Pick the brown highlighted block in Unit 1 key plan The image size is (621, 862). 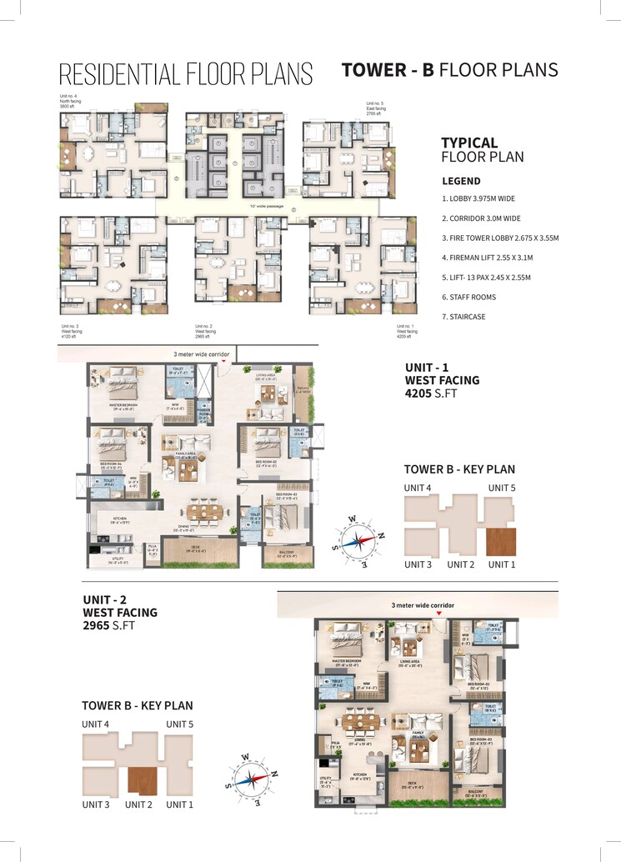501,540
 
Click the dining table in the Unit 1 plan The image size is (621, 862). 198,510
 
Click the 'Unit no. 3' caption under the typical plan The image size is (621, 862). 70,326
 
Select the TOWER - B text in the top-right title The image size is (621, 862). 388,70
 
